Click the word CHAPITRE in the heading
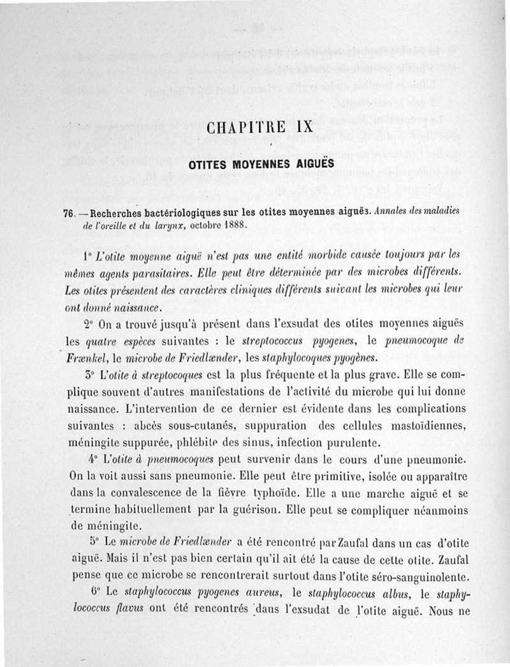pos(247,126)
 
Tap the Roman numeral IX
pos(302,126)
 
